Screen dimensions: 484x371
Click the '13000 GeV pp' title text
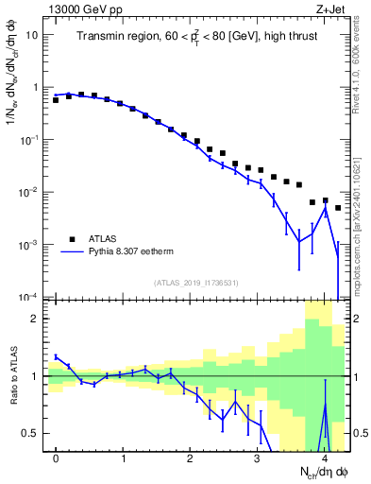tap(86, 9)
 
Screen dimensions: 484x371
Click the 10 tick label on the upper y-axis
tap(31, 35)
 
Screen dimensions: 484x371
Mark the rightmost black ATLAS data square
tap(338, 207)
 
